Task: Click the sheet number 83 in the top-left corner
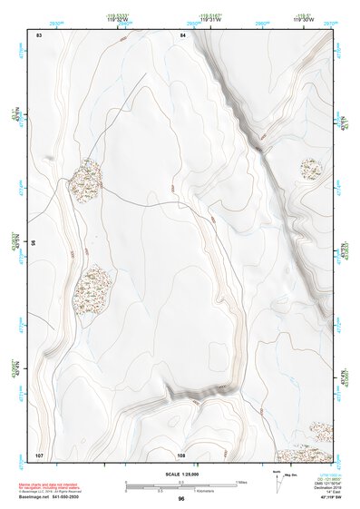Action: [39, 34]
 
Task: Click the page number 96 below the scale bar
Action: [181, 499]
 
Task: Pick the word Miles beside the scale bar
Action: [241, 482]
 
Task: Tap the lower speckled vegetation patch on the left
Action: [93, 288]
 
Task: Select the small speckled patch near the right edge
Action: [313, 168]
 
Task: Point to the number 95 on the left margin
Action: [34, 243]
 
